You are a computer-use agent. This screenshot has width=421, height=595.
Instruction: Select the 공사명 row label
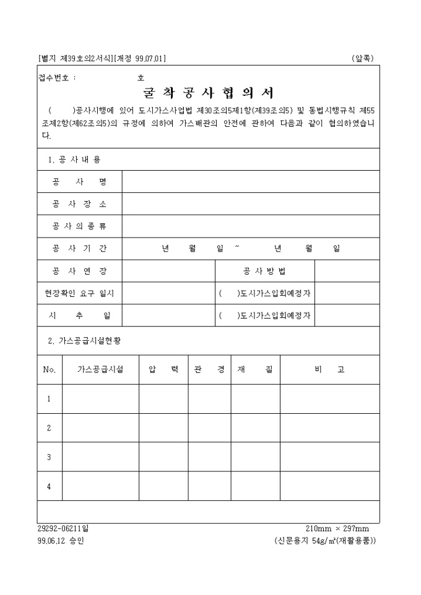point(79,182)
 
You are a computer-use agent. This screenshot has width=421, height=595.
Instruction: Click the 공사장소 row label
point(79,204)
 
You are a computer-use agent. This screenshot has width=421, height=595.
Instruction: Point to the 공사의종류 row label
point(79,226)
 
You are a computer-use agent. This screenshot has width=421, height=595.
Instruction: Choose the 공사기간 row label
point(79,249)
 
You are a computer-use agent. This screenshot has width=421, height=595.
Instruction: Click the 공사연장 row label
point(79,271)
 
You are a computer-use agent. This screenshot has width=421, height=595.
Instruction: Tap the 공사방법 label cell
point(264,271)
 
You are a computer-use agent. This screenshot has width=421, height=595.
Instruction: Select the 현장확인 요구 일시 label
point(79,293)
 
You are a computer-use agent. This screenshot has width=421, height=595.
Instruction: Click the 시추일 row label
point(79,315)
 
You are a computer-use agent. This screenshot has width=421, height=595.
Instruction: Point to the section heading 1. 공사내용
point(75,160)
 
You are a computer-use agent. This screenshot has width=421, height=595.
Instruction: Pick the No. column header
point(50,370)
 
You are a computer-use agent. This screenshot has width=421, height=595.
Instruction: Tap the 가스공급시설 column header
point(100,370)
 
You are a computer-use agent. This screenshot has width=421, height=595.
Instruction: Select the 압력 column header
point(163,370)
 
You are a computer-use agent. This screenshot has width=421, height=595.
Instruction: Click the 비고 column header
point(329,370)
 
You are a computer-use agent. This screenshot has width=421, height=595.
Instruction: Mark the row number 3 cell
point(49,457)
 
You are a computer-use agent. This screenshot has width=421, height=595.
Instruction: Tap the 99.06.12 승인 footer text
point(61,541)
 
